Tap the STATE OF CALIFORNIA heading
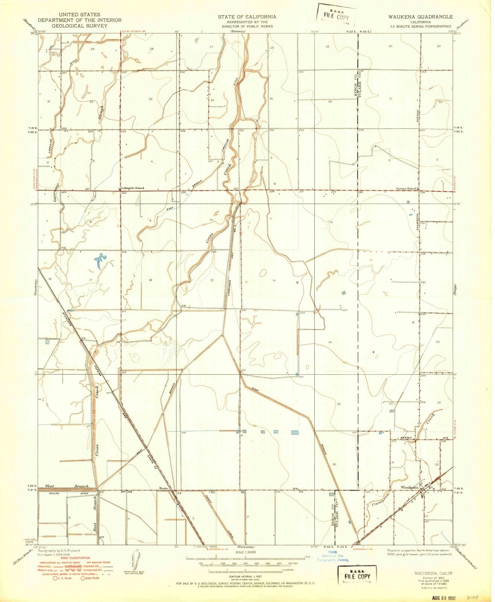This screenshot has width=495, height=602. point(247,17)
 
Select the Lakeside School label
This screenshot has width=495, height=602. point(132,188)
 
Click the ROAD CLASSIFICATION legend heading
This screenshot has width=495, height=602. point(65,558)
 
